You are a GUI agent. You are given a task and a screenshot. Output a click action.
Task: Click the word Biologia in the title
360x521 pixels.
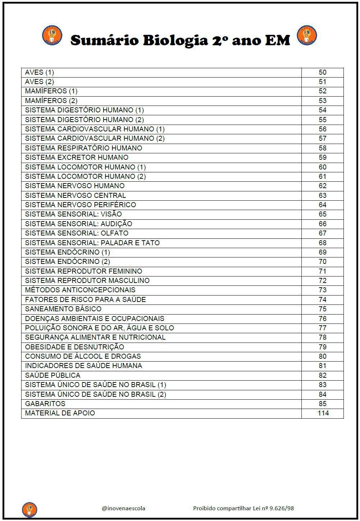pyautogui.click(x=175, y=41)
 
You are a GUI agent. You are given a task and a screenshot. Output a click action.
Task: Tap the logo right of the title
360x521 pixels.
pyautogui.click(x=306, y=35)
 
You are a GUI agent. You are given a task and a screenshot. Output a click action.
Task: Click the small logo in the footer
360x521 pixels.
pyautogui.click(x=29, y=509)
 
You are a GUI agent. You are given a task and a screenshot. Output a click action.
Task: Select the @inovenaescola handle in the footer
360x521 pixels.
pyautogui.click(x=124, y=508)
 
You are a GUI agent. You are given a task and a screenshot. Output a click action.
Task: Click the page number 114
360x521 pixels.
pyautogui.click(x=323, y=413)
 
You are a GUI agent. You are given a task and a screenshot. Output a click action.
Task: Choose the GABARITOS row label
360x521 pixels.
pyautogui.click(x=45, y=404)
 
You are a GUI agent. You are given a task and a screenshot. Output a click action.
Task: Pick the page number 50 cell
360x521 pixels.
pyautogui.click(x=322, y=73)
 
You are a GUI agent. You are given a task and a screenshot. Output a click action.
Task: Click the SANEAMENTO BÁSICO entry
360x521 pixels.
pyautogui.click(x=63, y=309)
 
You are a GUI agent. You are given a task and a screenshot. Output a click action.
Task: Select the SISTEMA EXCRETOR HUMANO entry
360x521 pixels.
pyautogui.click(x=77, y=157)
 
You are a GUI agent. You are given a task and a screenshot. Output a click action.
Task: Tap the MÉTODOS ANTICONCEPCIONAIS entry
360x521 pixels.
pyautogui.click(x=80, y=290)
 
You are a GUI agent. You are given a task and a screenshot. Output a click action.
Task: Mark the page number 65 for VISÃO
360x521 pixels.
pyautogui.click(x=322, y=214)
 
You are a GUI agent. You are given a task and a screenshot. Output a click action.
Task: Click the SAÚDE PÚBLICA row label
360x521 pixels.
pyautogui.click(x=53, y=375)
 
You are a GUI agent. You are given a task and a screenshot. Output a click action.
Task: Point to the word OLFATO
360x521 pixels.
pyautogui.click(x=114, y=233)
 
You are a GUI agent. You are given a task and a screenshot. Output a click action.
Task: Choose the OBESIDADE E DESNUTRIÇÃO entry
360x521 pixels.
pyautogui.click(x=74, y=347)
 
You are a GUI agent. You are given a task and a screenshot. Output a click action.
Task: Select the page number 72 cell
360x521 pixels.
pyautogui.click(x=322, y=280)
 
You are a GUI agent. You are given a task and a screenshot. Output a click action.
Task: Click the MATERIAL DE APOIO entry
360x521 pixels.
pyautogui.click(x=60, y=413)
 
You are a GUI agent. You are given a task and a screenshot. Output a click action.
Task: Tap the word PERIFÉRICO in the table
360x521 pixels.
pyautogui.click(x=115, y=205)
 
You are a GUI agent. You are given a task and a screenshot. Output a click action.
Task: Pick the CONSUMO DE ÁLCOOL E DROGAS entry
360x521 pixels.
pyautogui.click(x=83, y=356)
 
